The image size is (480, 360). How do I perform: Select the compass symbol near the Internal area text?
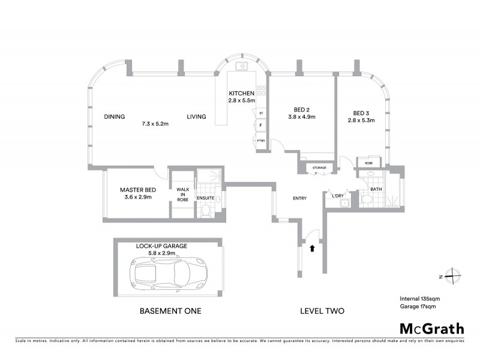point(449,277)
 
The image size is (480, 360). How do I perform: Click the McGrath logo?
point(431,328)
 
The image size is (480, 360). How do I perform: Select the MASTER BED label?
point(137,188)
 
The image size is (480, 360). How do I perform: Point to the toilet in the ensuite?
point(206,211)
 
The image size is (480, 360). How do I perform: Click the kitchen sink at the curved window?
point(242,66)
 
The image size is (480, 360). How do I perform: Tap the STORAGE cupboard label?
point(319,168)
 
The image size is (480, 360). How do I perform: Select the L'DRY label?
point(338,195)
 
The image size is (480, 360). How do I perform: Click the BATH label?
point(376,189)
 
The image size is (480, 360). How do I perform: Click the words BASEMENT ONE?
point(170,311)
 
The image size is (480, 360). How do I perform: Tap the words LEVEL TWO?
point(322,311)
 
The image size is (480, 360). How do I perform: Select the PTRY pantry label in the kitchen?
point(261,140)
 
